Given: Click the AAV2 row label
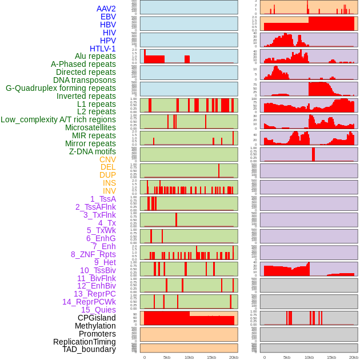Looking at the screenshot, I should pyautogui.click(x=106, y=9).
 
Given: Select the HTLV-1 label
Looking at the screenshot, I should pyautogui.click(x=103, y=49).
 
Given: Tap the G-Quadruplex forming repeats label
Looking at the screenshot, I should pyautogui.click(x=61, y=88).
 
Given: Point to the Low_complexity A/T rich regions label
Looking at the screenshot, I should pyautogui.click(x=58, y=119).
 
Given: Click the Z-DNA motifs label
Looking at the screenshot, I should pyautogui.click(x=93, y=151).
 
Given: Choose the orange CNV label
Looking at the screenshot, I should pyautogui.click(x=107, y=159).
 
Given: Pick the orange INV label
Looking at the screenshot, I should pyautogui.click(x=109, y=191).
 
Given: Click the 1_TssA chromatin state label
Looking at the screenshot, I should pyautogui.click(x=103, y=199).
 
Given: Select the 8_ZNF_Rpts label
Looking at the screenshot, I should pyautogui.click(x=93, y=254).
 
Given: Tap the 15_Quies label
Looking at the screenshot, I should pyautogui.click(x=98, y=310).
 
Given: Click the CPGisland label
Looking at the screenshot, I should pyautogui.click(x=97, y=318).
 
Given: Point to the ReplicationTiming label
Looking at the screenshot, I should pyautogui.click(x=85, y=342).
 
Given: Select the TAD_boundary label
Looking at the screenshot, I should pyautogui.click(x=89, y=349).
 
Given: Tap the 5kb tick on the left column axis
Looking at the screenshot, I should pyautogui.click(x=167, y=357).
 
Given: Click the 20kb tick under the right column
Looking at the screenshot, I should pyautogui.click(x=354, y=357).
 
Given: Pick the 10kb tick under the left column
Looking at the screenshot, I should pyautogui.click(x=189, y=357).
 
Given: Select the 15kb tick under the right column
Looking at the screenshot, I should pyautogui.click(x=331, y=357).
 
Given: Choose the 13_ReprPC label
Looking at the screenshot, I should pyautogui.click(x=94, y=294).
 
